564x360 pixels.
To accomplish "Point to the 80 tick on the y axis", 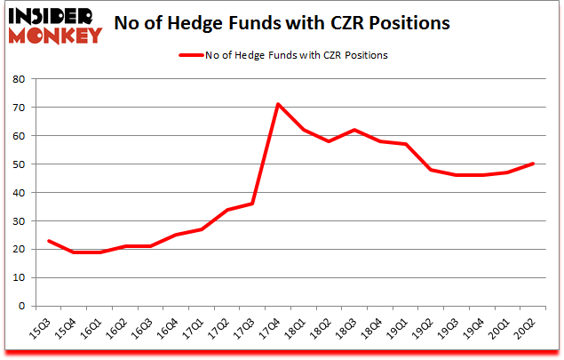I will [18, 79].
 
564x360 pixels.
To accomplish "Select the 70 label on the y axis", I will [18, 108].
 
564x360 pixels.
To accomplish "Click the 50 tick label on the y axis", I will [18, 164].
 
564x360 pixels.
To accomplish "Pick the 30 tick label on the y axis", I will [18, 221].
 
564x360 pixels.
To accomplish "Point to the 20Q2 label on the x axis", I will [528, 328].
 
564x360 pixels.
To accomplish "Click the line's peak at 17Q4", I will [278, 104].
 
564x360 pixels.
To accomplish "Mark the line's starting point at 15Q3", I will [48, 241].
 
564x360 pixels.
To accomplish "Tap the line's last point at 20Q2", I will [534, 164].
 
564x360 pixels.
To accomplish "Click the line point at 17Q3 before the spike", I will [252, 204].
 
